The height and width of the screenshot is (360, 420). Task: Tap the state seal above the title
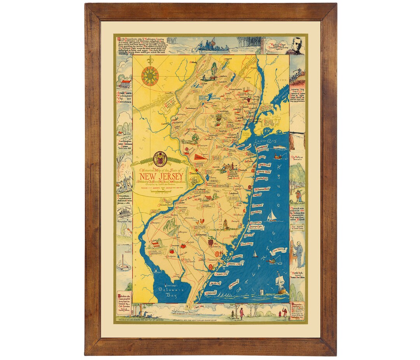(160, 158)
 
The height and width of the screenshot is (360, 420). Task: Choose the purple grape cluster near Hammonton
(210, 242)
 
